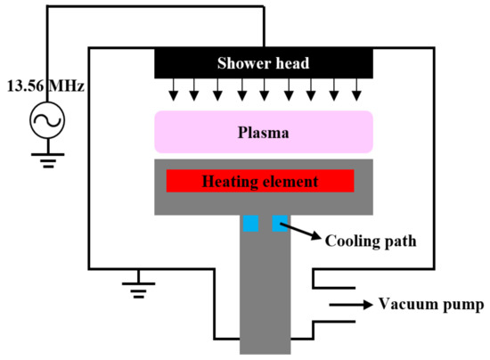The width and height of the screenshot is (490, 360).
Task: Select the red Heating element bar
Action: pos(260,182)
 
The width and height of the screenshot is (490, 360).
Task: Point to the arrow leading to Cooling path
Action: pos(305,233)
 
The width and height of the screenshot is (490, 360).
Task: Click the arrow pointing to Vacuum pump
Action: pos(350,305)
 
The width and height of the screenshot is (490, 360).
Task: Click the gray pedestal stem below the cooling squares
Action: pos(265,294)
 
